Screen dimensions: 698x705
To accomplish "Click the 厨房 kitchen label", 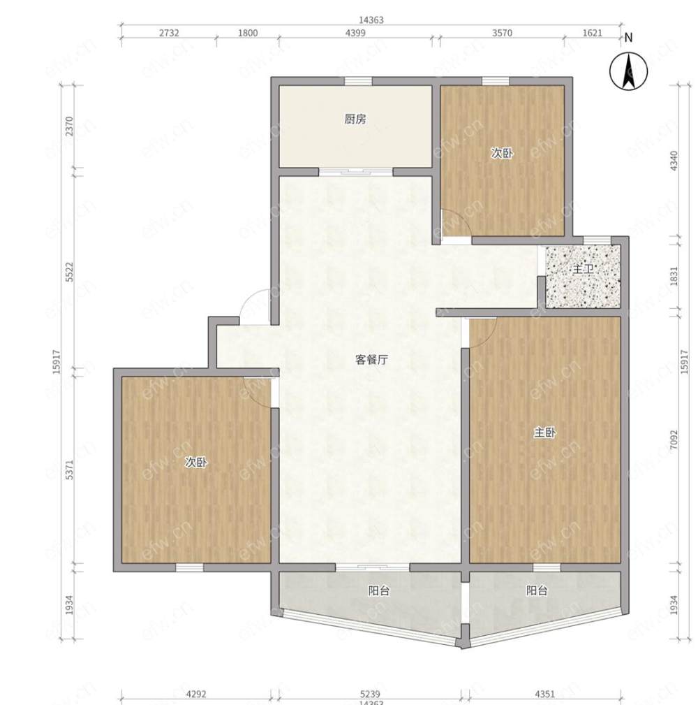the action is pos(355,119).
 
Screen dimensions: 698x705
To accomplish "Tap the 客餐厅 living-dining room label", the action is pos(371,360).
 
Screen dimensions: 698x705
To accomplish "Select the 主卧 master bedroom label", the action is pos(545,433).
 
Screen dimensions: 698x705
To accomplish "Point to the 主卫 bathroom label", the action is pos(583,269).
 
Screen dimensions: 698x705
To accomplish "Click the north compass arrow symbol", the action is pos(628,71).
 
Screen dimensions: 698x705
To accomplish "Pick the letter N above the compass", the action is pos(628,38).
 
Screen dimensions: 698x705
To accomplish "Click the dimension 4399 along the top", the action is pos(355,33).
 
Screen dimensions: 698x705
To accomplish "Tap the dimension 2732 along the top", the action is pos(169,33).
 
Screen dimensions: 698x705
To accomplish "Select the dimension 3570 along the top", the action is pos(502,33).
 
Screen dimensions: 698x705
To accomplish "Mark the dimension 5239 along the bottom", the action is pos(370,695).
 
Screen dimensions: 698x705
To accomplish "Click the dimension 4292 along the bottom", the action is pos(196,695).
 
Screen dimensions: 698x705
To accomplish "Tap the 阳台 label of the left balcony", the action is pos(378,590).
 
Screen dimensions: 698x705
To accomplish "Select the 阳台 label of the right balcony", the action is pos(537,590).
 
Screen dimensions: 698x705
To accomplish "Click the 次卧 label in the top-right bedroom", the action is pos(502,153).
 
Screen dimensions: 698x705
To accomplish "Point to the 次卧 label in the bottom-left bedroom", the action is pos(196,462).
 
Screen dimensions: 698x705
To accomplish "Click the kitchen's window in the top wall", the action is pos(358,81).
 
